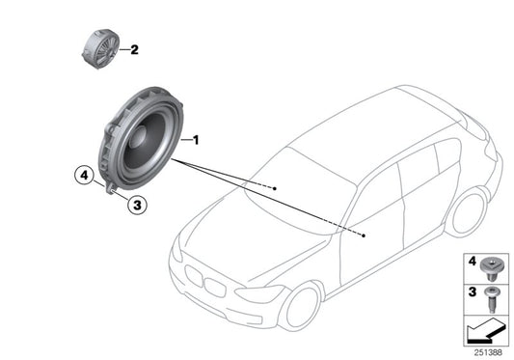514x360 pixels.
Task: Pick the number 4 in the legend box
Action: tap(472, 261)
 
